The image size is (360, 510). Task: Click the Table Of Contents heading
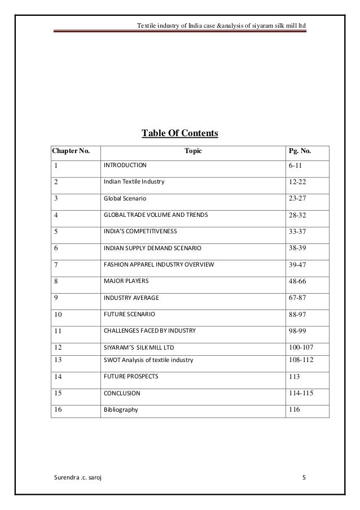point(179,133)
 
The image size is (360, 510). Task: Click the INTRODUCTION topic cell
point(124,165)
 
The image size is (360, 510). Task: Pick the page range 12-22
point(297,182)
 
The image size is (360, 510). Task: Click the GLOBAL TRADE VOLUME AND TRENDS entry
point(155,215)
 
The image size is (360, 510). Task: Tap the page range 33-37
point(297,232)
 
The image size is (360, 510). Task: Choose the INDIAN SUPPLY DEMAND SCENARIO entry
point(152,248)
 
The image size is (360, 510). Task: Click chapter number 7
point(56,265)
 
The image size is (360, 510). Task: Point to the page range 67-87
point(297,298)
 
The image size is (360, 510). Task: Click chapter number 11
point(58,330)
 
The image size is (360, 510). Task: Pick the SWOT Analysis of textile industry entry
point(148,360)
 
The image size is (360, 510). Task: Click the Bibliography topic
point(121,409)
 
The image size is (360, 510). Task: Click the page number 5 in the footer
point(304,478)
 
